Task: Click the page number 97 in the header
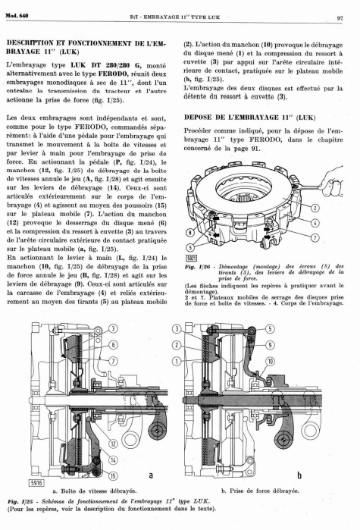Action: click(340, 18)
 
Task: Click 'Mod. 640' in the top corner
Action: click(17, 15)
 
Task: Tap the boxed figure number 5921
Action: click(192, 259)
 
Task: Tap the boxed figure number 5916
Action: click(36, 483)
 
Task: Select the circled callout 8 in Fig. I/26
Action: click(190, 232)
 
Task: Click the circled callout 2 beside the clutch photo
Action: click(315, 208)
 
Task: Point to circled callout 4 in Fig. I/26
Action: click(315, 223)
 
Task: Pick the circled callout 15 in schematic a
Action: click(113, 475)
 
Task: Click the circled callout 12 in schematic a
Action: click(113, 444)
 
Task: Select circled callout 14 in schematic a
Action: click(113, 459)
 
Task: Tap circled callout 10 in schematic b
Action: click(270, 362)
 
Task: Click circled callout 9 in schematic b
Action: click(270, 345)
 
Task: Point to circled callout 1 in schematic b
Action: click(177, 362)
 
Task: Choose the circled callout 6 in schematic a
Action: click(114, 345)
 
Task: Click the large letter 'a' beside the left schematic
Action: click(151, 475)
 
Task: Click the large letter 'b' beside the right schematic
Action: click(299, 475)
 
